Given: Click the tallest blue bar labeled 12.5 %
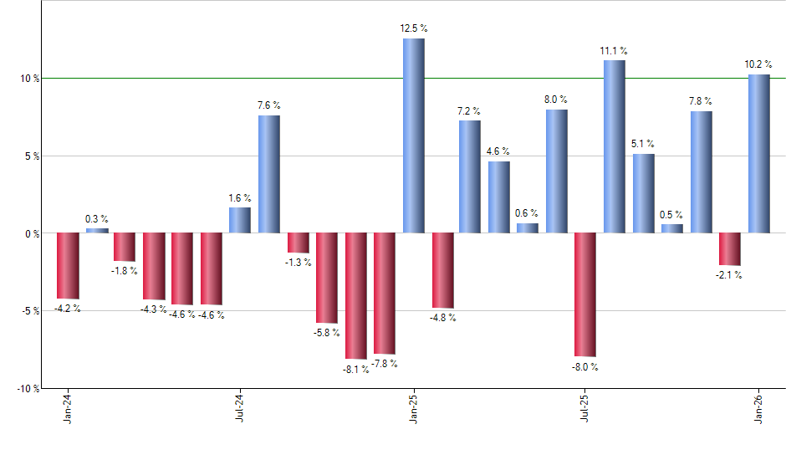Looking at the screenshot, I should point(414,135).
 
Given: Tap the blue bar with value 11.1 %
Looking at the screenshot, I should point(614,146).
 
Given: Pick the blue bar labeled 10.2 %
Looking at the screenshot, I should point(759,154).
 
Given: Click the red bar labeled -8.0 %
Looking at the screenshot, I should point(585,294).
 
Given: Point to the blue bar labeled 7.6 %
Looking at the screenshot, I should point(269,174).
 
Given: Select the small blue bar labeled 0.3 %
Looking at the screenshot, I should point(97,230).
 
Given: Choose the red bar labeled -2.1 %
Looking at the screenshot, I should point(730,248).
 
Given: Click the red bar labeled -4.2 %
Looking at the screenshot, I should point(68,265).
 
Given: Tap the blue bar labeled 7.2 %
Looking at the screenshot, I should point(470,176).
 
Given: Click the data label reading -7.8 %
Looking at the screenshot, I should point(385,364).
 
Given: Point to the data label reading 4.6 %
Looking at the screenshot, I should point(498,151).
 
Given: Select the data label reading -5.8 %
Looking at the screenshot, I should point(327,333).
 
